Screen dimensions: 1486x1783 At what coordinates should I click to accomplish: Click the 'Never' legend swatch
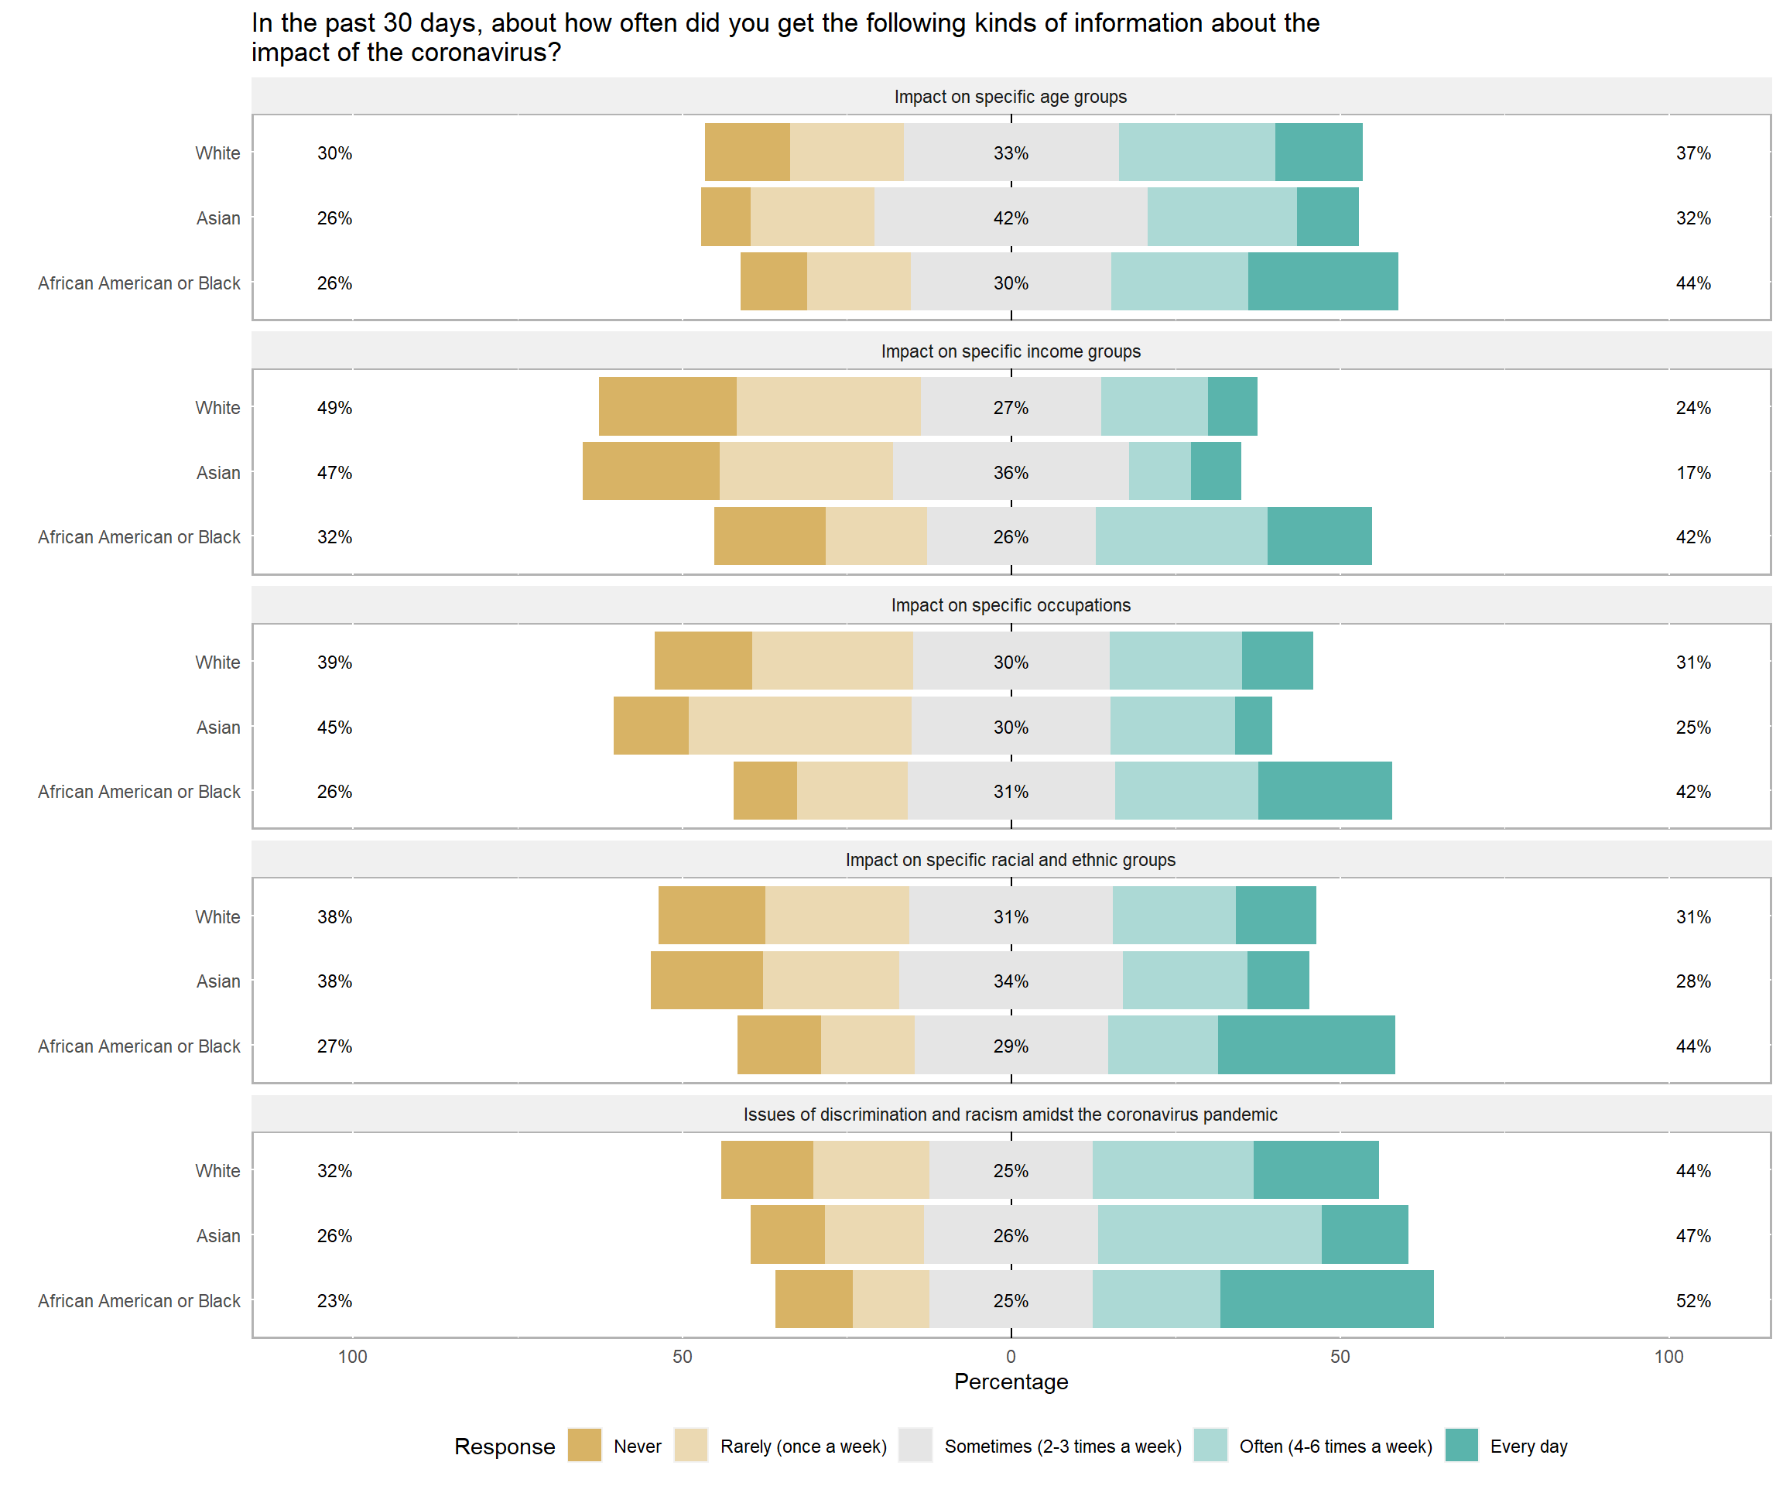[x=584, y=1445]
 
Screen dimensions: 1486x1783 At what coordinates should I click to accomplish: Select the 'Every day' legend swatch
[x=1461, y=1445]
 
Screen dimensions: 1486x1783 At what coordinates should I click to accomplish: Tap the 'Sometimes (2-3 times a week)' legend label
[x=1063, y=1446]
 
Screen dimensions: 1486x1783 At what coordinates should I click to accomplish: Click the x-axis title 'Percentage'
[x=1011, y=1382]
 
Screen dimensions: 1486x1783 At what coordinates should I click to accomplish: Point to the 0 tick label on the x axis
[x=1011, y=1356]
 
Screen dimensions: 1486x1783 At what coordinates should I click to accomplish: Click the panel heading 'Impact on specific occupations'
[x=1011, y=605]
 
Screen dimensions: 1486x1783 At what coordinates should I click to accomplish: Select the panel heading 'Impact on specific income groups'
[x=1011, y=351]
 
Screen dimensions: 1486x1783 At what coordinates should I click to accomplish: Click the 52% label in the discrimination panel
[x=1693, y=1301]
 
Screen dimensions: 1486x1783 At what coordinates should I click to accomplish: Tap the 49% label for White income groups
[x=334, y=408]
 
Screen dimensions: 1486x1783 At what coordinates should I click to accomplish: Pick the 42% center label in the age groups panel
[x=1011, y=218]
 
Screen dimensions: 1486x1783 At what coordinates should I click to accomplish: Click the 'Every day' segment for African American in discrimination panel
[x=1326, y=1299]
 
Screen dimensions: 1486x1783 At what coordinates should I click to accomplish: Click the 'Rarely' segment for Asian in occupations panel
[x=800, y=726]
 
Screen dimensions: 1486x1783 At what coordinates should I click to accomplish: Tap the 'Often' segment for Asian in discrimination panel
[x=1209, y=1234]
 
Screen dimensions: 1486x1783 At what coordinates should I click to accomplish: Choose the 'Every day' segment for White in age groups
[x=1319, y=152]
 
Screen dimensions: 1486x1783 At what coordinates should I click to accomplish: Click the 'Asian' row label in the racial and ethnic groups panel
[x=218, y=981]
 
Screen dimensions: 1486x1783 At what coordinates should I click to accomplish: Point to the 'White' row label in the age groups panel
[x=217, y=152]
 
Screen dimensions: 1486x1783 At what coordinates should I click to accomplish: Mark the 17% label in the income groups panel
[x=1693, y=473]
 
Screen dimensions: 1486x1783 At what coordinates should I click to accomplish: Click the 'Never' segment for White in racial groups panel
[x=711, y=916]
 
